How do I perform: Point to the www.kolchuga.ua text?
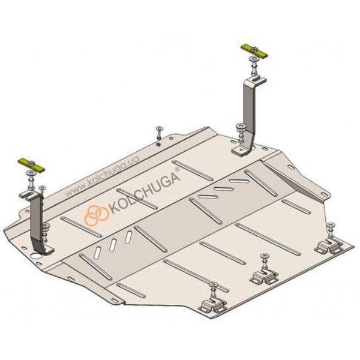click(102, 176)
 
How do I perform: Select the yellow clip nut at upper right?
click(254, 51)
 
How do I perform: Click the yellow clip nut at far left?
click(31, 165)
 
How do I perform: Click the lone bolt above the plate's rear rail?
click(158, 133)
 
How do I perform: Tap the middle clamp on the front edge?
click(264, 277)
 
